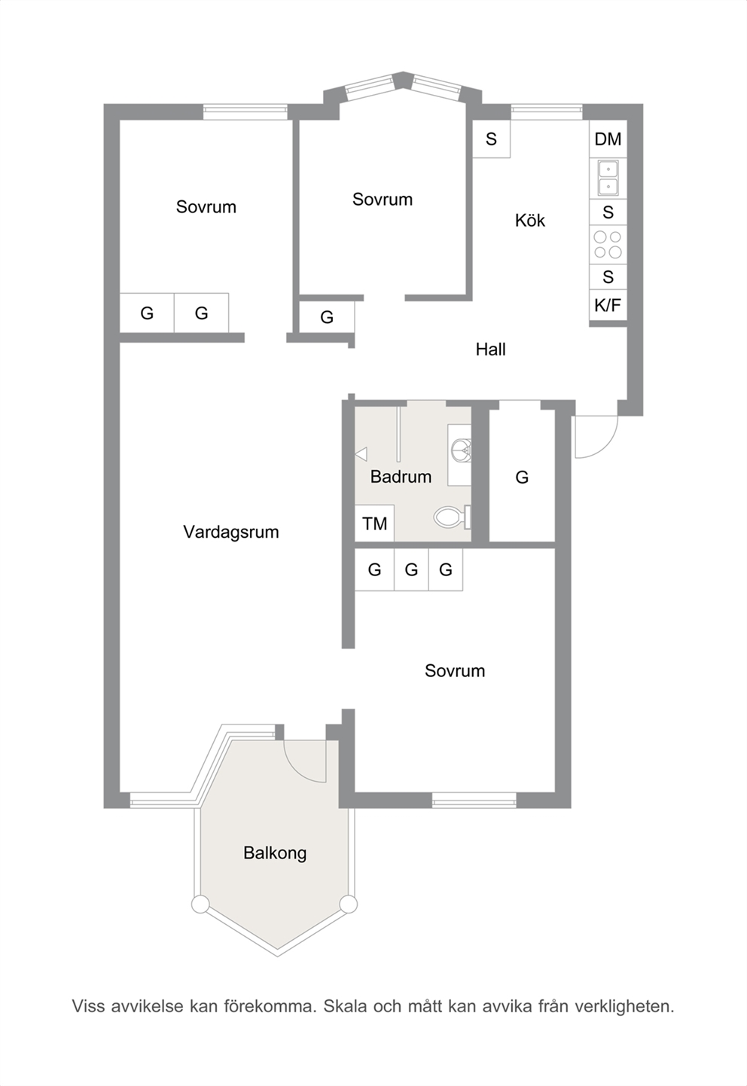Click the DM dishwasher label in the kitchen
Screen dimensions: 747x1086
(x=608, y=139)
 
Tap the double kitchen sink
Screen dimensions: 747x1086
(x=608, y=178)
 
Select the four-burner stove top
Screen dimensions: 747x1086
(x=608, y=244)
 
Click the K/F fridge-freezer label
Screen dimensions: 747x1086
(x=608, y=306)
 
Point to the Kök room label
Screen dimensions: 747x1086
(x=530, y=221)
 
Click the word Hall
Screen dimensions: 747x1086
(x=490, y=349)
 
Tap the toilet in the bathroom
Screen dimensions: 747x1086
(x=452, y=517)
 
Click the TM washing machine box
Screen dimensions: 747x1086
(x=374, y=523)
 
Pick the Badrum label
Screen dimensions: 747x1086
(x=401, y=477)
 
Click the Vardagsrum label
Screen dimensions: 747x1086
(x=231, y=532)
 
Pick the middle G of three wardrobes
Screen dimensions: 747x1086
(x=412, y=569)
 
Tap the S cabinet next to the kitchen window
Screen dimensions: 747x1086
(x=491, y=139)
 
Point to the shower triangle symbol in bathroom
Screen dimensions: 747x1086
(x=361, y=454)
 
